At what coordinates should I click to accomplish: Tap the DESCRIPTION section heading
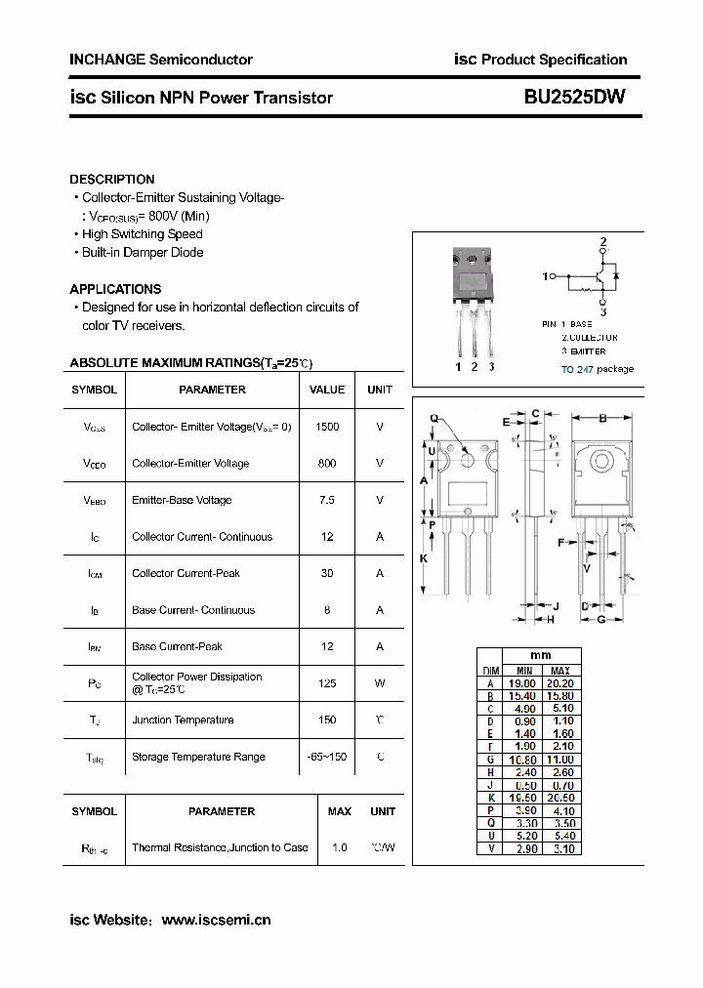coord(111,180)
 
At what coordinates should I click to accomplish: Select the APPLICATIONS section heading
coord(115,289)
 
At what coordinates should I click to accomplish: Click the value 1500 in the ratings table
coord(327,427)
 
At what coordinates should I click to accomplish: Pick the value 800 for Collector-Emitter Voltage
coord(327,464)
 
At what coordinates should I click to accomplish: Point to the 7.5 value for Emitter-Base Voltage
coord(327,500)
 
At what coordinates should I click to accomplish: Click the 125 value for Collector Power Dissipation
coord(327,683)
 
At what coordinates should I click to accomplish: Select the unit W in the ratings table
coord(380,683)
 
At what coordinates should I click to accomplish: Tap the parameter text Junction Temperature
coord(183,720)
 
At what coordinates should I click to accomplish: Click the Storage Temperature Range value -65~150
coord(327,757)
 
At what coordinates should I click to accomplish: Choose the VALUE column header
coord(327,390)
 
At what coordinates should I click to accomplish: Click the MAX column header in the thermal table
coord(340,811)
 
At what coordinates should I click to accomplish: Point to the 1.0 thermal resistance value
coord(340,847)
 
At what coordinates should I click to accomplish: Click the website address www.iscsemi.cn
coord(216,920)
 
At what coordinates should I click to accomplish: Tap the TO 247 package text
coord(598,369)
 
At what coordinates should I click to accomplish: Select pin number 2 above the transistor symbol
coord(603,241)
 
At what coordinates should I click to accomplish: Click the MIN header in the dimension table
coord(524,671)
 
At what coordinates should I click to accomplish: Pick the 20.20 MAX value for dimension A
coord(560,683)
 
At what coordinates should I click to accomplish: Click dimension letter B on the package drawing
coord(603,419)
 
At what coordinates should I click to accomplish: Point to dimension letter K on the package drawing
coord(424,557)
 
